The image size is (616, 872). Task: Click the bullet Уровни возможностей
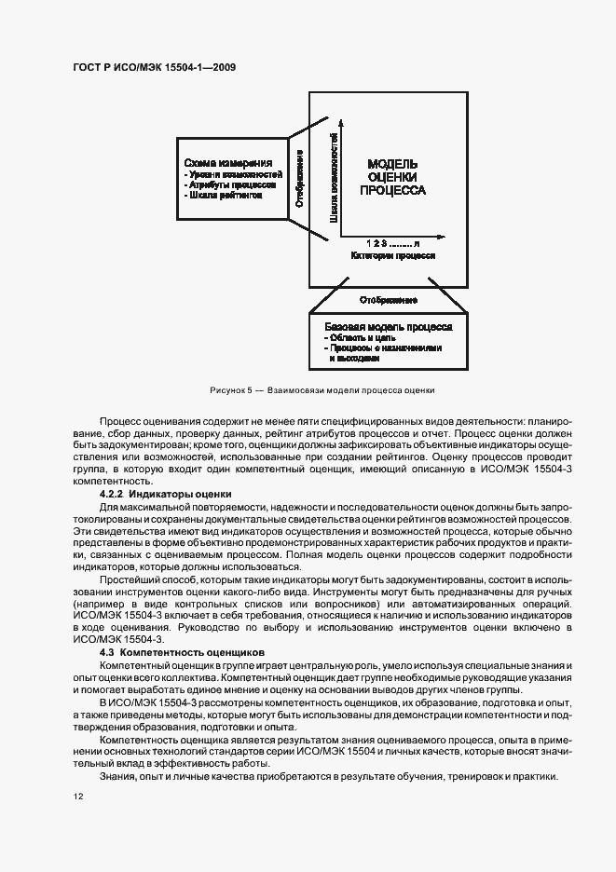[x=232, y=173]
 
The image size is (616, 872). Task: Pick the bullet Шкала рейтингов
[x=223, y=196]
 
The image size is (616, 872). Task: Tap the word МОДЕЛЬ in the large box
[x=392, y=162]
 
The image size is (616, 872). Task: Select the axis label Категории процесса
[x=392, y=254]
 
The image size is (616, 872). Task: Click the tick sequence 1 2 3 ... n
[x=392, y=242]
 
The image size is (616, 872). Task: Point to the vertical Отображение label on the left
[x=299, y=177]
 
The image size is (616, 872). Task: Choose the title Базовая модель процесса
[x=389, y=328]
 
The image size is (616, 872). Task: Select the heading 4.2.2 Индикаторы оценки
[x=167, y=493]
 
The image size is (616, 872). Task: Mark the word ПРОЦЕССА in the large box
[x=392, y=190]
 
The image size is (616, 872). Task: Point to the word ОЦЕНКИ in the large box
[x=392, y=176]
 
